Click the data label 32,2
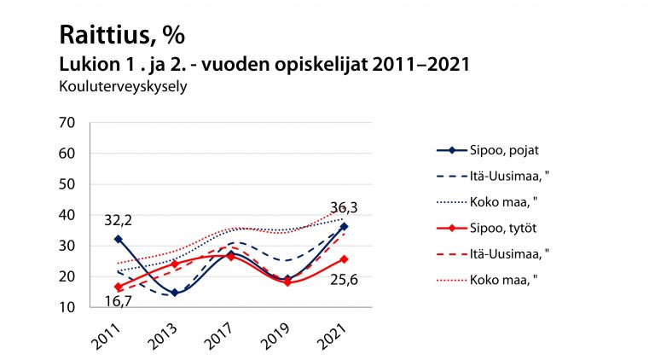[118, 221]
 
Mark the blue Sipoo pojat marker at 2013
[175, 293]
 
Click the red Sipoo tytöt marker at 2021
[343, 259]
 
